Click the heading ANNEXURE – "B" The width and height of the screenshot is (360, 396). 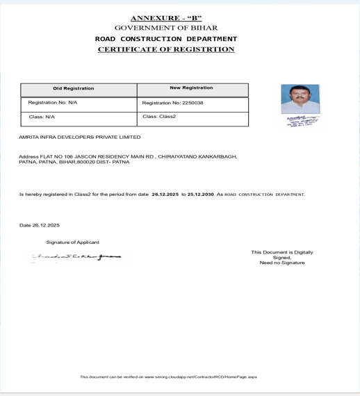[166, 17]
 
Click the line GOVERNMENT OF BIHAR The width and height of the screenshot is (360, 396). [166, 28]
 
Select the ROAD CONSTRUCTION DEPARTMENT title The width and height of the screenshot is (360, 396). [166, 39]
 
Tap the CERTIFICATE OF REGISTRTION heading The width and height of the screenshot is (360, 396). [166, 50]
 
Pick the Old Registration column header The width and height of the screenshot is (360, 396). [74, 89]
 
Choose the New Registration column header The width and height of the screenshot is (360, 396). [191, 88]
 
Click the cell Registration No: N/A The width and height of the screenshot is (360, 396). [53, 103]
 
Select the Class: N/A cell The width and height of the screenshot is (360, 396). [42, 117]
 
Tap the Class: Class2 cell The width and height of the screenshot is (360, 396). [159, 117]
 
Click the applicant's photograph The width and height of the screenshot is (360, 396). [300, 99]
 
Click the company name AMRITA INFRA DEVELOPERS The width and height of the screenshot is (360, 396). [81, 138]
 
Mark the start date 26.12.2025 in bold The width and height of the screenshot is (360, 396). [165, 195]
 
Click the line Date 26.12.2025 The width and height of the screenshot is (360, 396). [40, 225]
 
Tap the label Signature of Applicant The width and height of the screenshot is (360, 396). [73, 242]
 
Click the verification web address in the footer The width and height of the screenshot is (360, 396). [201, 377]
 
